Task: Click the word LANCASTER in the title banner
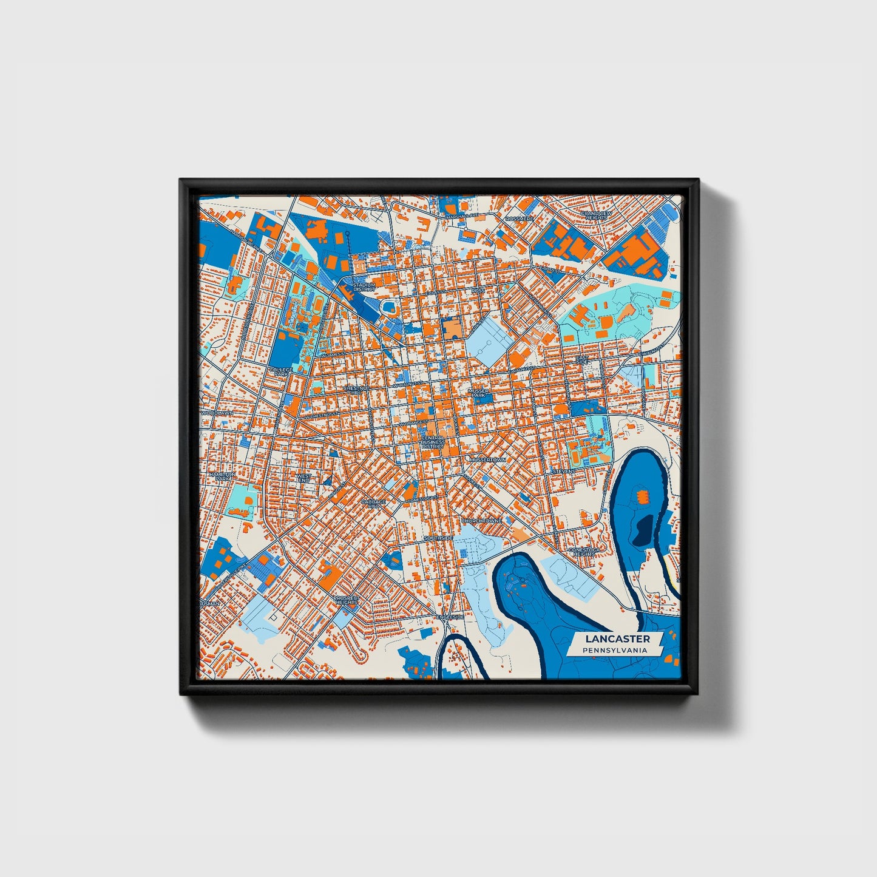coord(617,638)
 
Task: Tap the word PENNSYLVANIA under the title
coord(614,650)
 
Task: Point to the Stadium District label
coord(364,286)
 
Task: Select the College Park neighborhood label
coord(280,371)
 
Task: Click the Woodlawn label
coord(217,413)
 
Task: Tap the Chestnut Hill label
coord(356,390)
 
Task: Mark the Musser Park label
coord(479,393)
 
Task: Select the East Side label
coord(581,359)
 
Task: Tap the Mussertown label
coord(487,460)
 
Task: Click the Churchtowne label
coord(481,521)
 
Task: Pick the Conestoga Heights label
coord(584,551)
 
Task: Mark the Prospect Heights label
coord(347,600)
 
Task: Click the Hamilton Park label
coord(221,476)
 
